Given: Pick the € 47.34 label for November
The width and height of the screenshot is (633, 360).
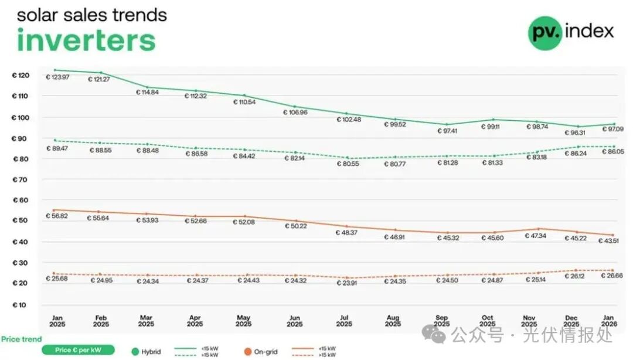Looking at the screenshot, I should pos(532,236).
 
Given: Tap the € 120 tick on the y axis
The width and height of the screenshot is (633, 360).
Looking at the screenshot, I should pos(21,76).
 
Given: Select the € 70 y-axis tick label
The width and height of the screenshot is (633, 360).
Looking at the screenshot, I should pos(21,179).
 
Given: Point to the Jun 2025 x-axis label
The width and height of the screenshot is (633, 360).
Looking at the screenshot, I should pos(295,321).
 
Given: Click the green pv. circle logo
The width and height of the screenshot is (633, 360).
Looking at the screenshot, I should pos(545,32).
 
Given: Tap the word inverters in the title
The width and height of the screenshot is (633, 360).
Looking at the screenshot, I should pos(86,40).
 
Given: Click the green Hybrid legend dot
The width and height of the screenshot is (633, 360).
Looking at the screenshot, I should pos(136,351).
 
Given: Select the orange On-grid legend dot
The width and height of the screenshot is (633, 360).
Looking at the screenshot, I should pos(249,351).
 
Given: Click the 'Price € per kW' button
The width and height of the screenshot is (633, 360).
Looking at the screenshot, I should pos(77,350).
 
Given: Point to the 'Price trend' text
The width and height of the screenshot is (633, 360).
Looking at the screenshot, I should pos(21,339).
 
